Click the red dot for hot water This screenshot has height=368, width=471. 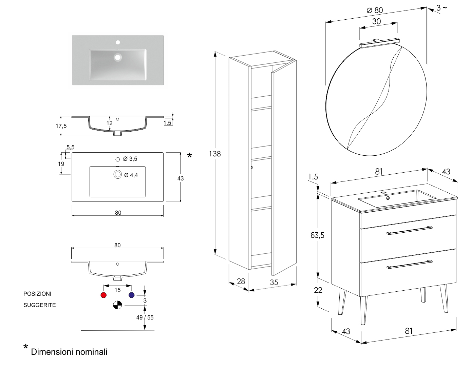[x=104, y=295]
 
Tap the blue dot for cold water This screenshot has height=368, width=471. [x=132, y=295]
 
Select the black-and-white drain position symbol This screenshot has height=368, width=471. [x=117, y=305]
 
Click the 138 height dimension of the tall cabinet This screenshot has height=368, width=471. [x=214, y=154]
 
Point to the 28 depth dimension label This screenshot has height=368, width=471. [x=241, y=281]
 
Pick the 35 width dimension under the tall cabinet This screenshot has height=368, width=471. [x=274, y=282]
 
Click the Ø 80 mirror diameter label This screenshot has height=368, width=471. [x=375, y=10]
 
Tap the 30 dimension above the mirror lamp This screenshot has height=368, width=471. [x=377, y=21]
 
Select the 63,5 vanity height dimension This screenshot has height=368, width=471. [x=317, y=235]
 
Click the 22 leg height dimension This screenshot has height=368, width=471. [x=318, y=290]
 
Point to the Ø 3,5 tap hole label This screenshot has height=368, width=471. [x=130, y=159]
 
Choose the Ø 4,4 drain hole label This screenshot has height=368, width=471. [x=131, y=175]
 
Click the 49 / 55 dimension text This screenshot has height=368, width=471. [x=145, y=317]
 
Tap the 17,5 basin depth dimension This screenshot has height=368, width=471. [x=61, y=126]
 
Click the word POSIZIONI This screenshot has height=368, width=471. [x=37, y=294]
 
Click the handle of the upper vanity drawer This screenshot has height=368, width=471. [x=409, y=230]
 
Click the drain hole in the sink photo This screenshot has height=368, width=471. [x=118, y=57]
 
